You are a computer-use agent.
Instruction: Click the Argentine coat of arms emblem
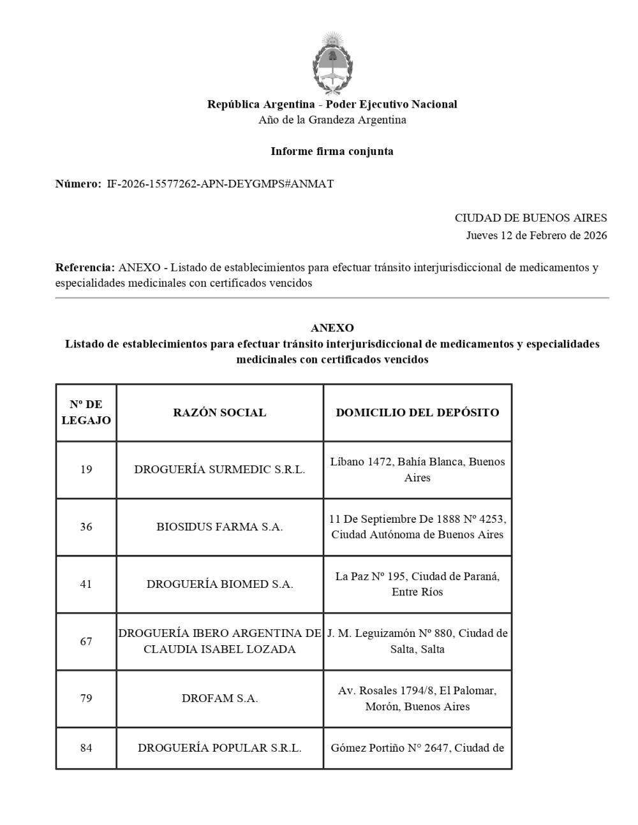coord(332,63)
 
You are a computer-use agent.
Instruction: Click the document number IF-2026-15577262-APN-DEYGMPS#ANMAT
coord(220,184)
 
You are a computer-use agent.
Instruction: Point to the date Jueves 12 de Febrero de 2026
coord(536,235)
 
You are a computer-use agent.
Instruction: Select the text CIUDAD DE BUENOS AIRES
coord(530,218)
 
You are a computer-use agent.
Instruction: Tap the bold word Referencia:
coord(85,267)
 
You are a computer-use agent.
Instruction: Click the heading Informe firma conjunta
coord(332,151)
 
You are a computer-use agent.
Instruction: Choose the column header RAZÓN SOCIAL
coord(219,412)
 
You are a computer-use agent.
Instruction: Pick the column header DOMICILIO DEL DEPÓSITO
coord(417,412)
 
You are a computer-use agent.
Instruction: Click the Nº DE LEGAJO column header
coord(86,412)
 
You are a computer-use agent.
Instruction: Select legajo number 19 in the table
coord(86,470)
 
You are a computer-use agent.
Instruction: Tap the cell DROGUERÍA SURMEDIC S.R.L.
coord(219,470)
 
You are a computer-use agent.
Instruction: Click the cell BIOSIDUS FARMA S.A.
coord(219,527)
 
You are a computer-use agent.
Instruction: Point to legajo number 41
coord(86,584)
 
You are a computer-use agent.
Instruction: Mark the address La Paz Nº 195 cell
coord(417,584)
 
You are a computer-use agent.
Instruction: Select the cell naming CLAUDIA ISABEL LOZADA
coord(219,649)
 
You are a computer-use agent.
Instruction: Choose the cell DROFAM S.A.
coord(219,699)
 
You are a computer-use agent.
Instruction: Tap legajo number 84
coord(86,748)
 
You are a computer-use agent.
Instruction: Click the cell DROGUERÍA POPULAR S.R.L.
coord(219,748)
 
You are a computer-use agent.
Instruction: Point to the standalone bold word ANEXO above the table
coord(332,328)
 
